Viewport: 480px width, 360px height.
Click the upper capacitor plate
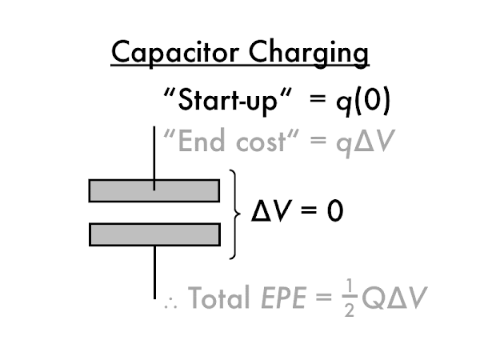[154, 190]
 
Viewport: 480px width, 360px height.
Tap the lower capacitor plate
[154, 234]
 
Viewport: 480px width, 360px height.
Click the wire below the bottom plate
[154, 272]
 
